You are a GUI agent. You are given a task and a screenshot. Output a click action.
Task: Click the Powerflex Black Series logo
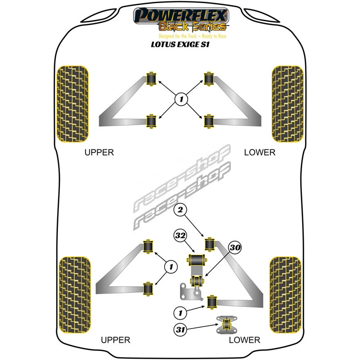coord(181,20)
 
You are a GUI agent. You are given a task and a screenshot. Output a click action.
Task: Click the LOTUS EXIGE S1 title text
coord(180,44)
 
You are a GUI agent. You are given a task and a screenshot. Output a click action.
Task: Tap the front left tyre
coord(72,104)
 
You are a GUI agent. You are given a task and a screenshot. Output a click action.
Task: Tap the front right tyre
coord(288,104)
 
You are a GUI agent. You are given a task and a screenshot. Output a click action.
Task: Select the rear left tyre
coord(75,295)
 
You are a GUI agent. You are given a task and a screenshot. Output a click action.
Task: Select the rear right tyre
coord(285,295)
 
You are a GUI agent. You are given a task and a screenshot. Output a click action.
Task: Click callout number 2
coord(180,210)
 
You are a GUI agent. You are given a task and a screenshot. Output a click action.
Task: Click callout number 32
coord(180,235)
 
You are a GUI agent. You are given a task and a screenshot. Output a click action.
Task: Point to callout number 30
coord(234,247)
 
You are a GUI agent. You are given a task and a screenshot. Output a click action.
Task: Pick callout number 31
coord(180,330)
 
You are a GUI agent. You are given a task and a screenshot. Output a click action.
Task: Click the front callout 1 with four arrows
coord(181,99)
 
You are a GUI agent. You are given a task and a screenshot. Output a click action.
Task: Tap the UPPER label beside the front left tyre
coord(99,153)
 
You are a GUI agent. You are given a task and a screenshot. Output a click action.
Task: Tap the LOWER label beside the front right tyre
coord(260,153)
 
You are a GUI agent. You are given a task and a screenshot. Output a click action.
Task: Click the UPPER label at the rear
coord(116,340)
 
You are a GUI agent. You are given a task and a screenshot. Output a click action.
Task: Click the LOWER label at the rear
coord(244,340)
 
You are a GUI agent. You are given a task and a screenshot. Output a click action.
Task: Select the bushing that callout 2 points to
coord(209,244)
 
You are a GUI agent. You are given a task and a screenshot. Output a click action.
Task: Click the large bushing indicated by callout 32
coord(197,260)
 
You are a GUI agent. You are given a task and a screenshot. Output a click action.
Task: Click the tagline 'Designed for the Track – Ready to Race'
coord(193,36)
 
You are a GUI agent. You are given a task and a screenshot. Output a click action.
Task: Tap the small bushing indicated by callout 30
coord(197,280)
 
